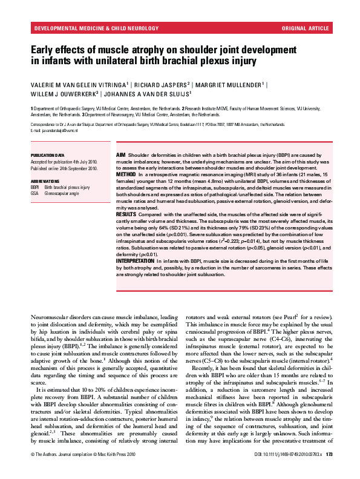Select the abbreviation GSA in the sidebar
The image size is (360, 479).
(x=34, y=193)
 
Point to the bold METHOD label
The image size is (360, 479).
(x=126, y=173)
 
